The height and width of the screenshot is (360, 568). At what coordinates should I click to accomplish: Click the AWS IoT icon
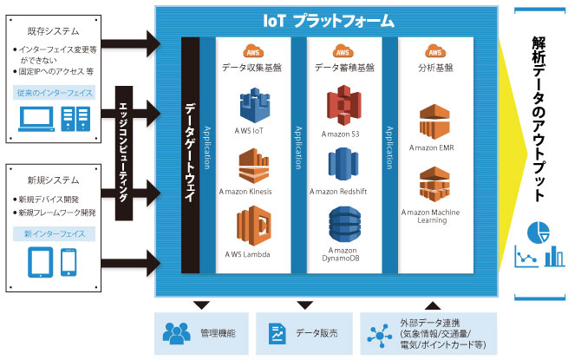(x=255, y=106)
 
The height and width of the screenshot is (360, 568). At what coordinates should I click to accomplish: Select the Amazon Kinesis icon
(x=253, y=166)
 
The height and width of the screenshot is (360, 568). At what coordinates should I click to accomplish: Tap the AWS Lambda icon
(x=253, y=226)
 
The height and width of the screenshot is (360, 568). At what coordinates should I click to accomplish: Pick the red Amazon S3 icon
(x=344, y=105)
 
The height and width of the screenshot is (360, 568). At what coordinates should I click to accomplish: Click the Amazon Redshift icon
(x=343, y=164)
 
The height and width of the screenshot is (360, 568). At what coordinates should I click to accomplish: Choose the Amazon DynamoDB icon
(x=344, y=225)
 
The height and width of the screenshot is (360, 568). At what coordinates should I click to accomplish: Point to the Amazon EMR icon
(x=434, y=121)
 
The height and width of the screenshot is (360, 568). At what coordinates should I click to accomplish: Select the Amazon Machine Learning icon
(x=434, y=184)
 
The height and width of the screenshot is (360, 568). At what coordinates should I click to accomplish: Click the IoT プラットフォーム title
(x=329, y=21)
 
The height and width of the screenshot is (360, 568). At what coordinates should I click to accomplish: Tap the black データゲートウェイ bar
(x=190, y=155)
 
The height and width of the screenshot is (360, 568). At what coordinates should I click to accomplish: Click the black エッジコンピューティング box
(x=124, y=153)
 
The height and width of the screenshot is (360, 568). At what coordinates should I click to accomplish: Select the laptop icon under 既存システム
(x=36, y=119)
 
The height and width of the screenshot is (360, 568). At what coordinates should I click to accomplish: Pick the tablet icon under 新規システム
(x=41, y=262)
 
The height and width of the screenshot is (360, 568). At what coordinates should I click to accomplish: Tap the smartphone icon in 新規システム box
(x=69, y=262)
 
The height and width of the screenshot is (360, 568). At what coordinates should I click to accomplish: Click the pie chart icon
(x=539, y=232)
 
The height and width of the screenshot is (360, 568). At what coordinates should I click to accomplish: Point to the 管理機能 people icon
(x=176, y=333)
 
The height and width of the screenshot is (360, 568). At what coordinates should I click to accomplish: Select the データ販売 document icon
(x=277, y=333)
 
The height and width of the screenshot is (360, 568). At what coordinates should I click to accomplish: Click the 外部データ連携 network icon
(x=379, y=336)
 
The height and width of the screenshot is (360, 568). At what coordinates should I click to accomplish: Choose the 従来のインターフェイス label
(x=55, y=93)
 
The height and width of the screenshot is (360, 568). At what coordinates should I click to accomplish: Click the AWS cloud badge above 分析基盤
(x=435, y=51)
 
